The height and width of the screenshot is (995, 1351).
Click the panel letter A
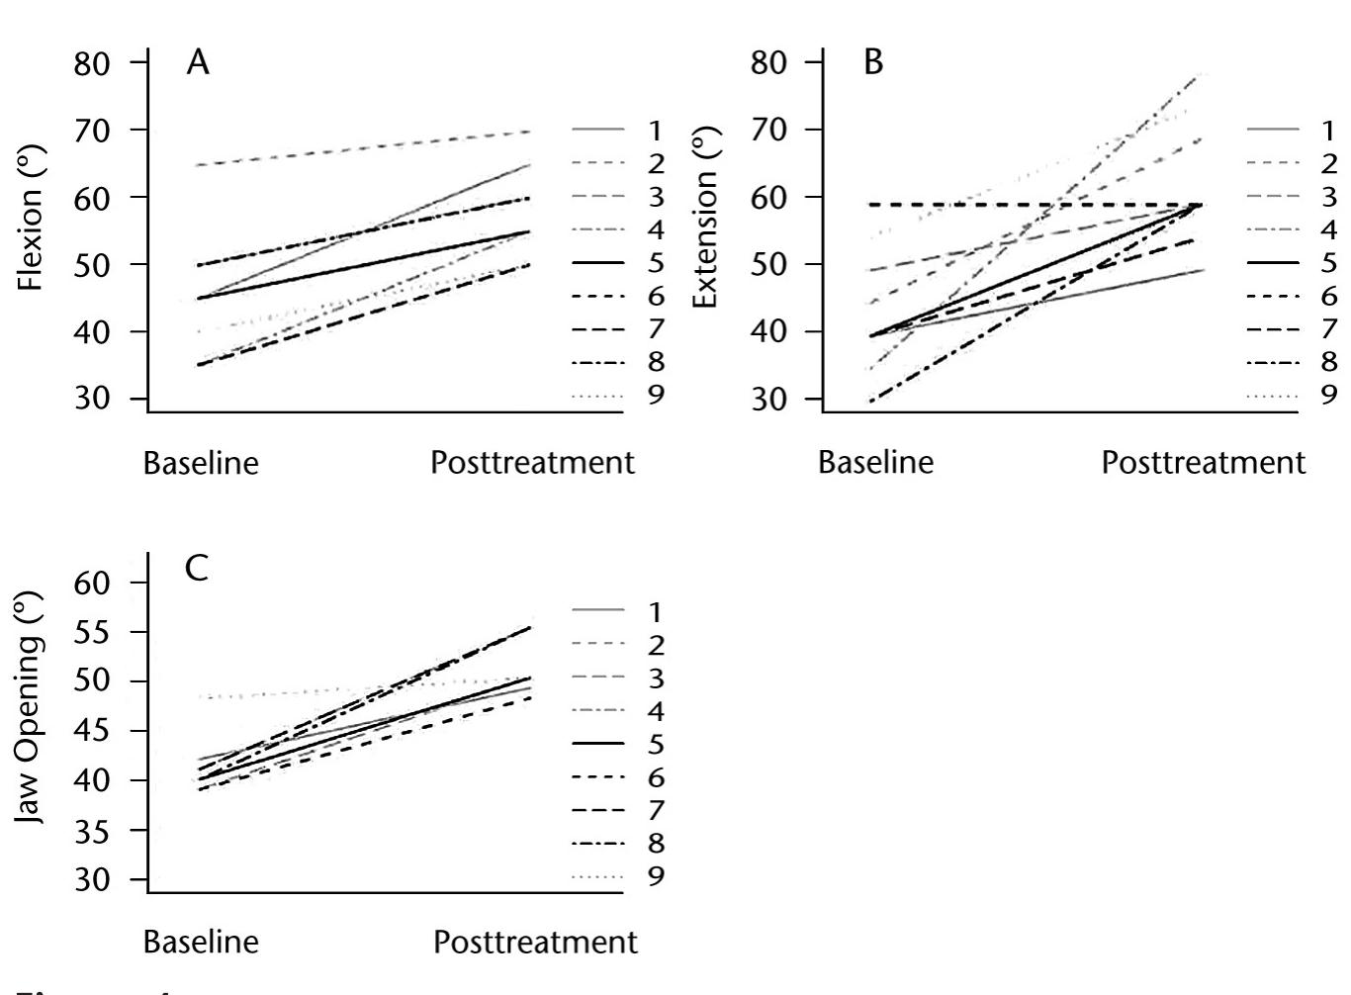[x=198, y=63]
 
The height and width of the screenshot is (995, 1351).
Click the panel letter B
[x=873, y=63]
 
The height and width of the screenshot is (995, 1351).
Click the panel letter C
[x=197, y=570]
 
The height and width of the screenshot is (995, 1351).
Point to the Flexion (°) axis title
[x=32, y=229]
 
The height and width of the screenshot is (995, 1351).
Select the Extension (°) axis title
[x=705, y=229]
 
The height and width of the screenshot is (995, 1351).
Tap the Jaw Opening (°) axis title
[x=32, y=708]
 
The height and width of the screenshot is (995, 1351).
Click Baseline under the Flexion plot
[x=201, y=463]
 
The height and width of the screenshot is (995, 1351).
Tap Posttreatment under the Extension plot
[x=1203, y=463]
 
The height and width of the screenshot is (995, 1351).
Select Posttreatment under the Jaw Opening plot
[x=535, y=943]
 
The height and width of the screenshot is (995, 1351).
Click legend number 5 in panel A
[x=656, y=263]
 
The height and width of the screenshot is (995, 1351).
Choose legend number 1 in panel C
[x=656, y=612]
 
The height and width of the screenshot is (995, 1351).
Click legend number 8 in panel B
[x=1328, y=362]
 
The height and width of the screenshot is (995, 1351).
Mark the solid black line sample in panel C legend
[x=598, y=744]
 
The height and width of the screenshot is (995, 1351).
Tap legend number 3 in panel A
[x=656, y=197]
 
